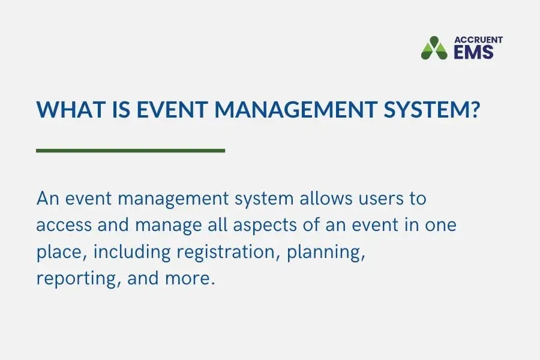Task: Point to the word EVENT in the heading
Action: coord(170,110)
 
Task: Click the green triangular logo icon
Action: coord(434,48)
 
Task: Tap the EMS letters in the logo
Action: coord(473,52)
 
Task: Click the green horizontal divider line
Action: coord(130,150)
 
